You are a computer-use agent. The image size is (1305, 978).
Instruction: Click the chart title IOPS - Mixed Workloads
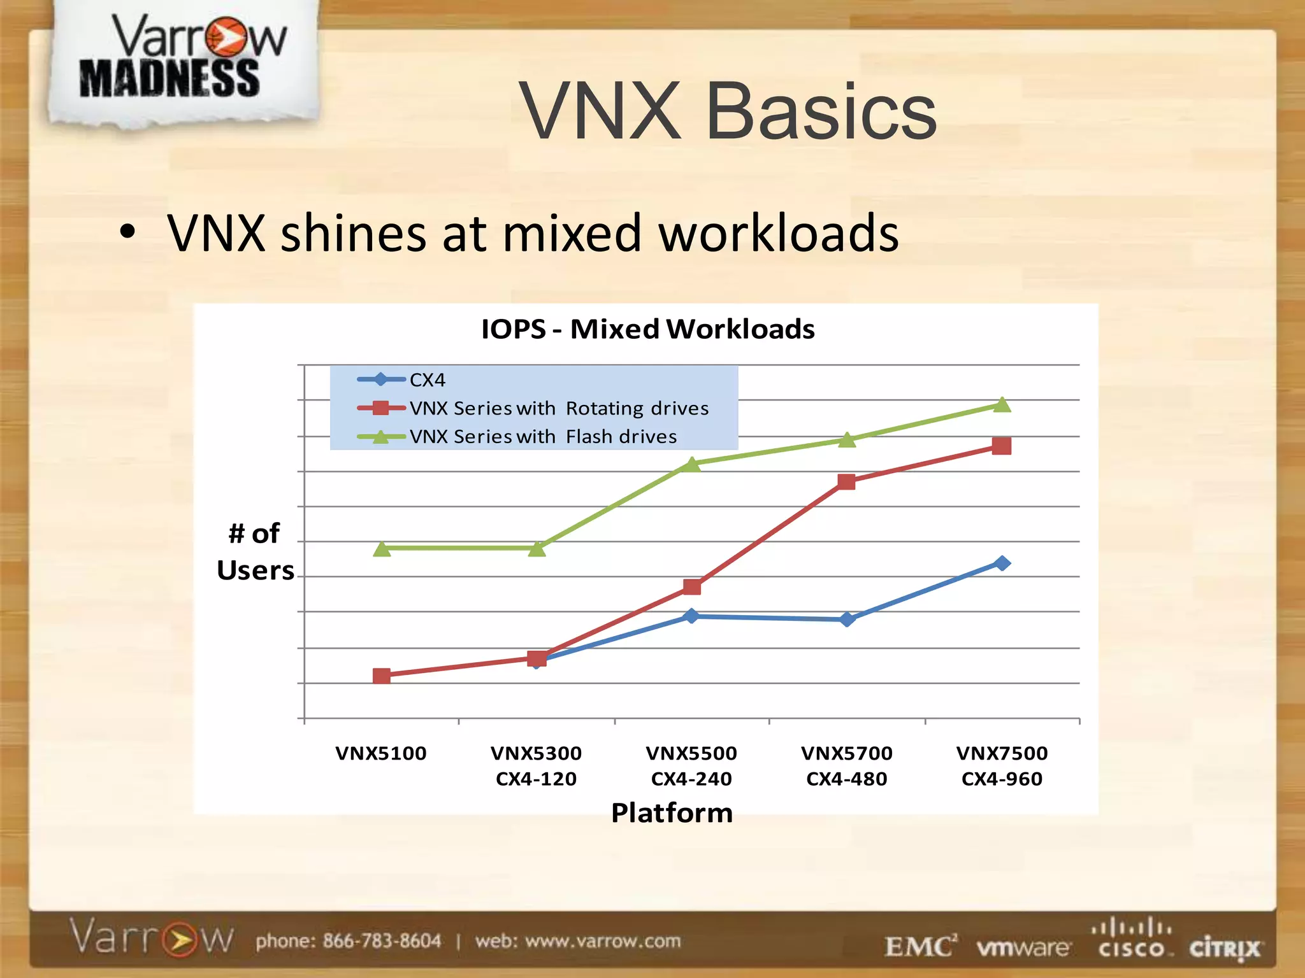[647, 329]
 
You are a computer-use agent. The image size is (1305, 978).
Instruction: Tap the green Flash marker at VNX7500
[1002, 405]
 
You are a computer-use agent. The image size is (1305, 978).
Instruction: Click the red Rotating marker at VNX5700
[846, 482]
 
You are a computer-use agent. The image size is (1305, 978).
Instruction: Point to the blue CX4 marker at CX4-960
[1002, 563]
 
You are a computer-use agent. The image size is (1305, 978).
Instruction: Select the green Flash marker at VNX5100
[382, 548]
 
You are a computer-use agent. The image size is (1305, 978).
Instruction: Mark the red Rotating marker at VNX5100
[382, 676]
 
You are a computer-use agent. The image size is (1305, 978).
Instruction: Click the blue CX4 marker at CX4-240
[691, 616]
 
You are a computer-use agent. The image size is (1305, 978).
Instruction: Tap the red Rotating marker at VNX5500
[691, 586]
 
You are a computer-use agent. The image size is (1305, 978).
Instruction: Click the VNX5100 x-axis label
[381, 753]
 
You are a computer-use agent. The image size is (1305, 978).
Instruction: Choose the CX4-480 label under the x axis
[846, 779]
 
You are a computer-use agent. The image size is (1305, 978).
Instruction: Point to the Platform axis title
[672, 813]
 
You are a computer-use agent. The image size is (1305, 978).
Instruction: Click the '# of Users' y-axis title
[255, 551]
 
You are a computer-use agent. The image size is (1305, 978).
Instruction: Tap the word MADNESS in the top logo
[169, 79]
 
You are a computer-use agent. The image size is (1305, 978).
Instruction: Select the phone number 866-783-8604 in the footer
[381, 941]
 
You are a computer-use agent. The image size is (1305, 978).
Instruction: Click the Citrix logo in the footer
[1224, 949]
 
